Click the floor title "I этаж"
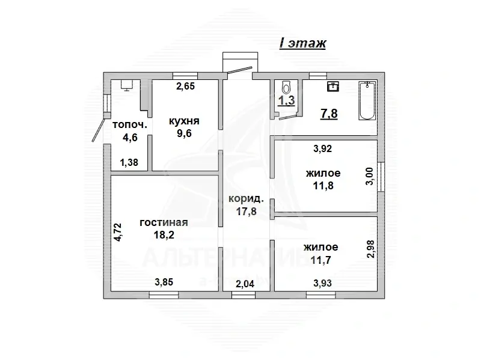302,43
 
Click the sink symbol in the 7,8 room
332,87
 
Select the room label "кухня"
184,121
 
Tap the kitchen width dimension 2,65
185,87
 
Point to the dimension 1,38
129,162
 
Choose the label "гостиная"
164,222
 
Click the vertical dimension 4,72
118,231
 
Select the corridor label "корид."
244,198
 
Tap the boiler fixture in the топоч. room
127,85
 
